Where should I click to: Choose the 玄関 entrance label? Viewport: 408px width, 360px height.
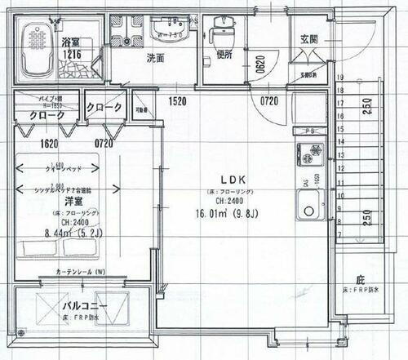(309, 38)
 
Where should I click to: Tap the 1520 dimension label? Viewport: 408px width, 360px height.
(180, 101)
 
